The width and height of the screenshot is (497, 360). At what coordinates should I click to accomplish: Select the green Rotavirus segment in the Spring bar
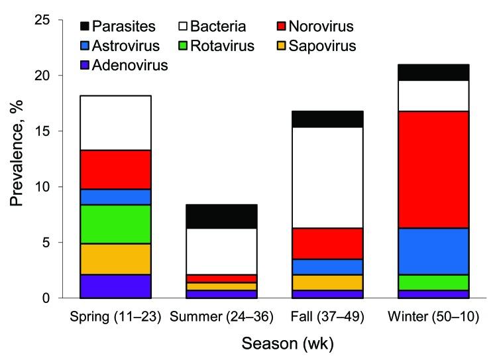(x=115, y=224)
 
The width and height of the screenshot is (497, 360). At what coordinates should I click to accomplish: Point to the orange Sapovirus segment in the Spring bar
(x=115, y=259)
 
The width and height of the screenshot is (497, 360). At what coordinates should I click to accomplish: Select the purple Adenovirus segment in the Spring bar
(x=115, y=286)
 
